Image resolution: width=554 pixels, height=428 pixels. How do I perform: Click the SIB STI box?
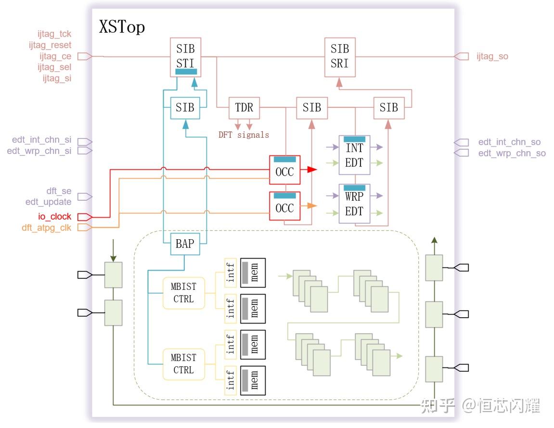[185, 57]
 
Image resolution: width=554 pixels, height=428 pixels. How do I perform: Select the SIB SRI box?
[340, 57]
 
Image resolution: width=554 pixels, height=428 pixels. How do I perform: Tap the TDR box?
[244, 108]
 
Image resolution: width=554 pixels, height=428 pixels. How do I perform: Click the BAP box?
[185, 244]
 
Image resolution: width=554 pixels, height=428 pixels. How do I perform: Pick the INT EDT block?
[354, 155]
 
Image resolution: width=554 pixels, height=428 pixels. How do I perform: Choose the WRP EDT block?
[354, 204]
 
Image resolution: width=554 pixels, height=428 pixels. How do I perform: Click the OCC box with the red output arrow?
[285, 169]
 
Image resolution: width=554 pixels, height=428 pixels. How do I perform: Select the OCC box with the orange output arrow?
[285, 206]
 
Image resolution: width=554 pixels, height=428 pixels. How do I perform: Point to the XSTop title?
[122, 27]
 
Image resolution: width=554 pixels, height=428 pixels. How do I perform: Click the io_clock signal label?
[55, 216]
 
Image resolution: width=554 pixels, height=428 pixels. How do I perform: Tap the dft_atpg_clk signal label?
[47, 228]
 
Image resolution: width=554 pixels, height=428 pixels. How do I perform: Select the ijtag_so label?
[492, 56]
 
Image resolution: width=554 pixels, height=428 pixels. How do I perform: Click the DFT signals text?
[244, 135]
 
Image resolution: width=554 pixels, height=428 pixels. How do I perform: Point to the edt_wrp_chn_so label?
[512, 153]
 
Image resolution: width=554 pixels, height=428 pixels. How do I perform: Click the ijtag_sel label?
[54, 67]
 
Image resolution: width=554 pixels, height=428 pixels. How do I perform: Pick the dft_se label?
[59, 191]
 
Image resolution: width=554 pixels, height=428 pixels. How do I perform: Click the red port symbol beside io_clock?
[85, 217]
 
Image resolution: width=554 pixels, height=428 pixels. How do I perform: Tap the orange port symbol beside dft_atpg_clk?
[85, 227]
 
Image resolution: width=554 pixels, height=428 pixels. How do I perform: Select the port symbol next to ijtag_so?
[462, 56]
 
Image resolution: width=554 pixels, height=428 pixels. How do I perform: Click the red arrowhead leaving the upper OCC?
[312, 169]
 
